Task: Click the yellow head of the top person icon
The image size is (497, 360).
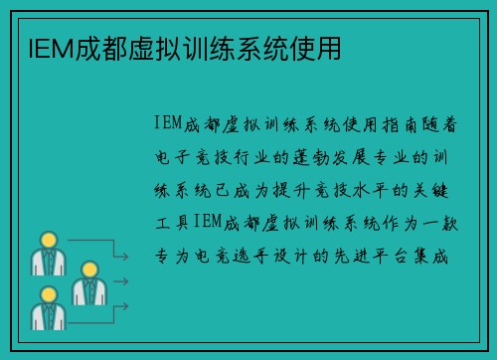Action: [47, 240]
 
